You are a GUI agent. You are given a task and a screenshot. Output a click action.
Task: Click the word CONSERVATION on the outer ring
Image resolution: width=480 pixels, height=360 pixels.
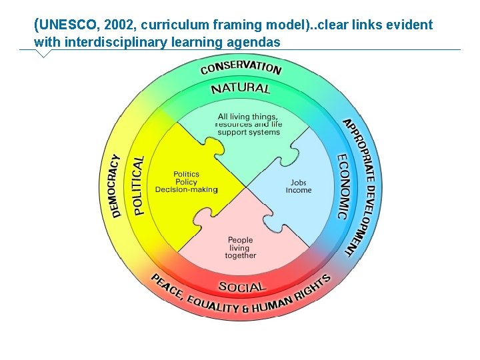tap(241, 67)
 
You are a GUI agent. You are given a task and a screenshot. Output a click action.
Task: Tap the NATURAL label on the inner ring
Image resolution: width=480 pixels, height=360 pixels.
tap(241, 88)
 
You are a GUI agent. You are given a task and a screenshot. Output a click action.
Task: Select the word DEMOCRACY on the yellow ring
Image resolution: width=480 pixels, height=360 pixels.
tap(116, 186)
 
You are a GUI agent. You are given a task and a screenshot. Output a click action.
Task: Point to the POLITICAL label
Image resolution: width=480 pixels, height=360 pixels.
tap(139, 185)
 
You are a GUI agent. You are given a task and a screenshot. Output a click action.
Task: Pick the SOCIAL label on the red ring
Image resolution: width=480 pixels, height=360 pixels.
tap(241, 287)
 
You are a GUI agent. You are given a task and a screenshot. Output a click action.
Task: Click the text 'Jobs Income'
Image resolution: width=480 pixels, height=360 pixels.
tap(299, 187)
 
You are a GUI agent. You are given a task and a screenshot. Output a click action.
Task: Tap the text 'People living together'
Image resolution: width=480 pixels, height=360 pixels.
tap(241, 247)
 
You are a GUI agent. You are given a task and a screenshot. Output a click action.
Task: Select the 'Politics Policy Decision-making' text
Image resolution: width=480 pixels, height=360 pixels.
tap(186, 182)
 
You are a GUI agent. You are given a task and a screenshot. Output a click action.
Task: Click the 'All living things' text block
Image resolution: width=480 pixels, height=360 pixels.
tap(249, 125)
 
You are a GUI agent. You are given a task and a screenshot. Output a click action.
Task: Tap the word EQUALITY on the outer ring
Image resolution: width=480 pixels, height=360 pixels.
tap(212, 305)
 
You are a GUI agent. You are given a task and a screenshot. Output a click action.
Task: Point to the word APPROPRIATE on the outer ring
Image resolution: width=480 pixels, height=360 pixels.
tap(360, 150)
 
